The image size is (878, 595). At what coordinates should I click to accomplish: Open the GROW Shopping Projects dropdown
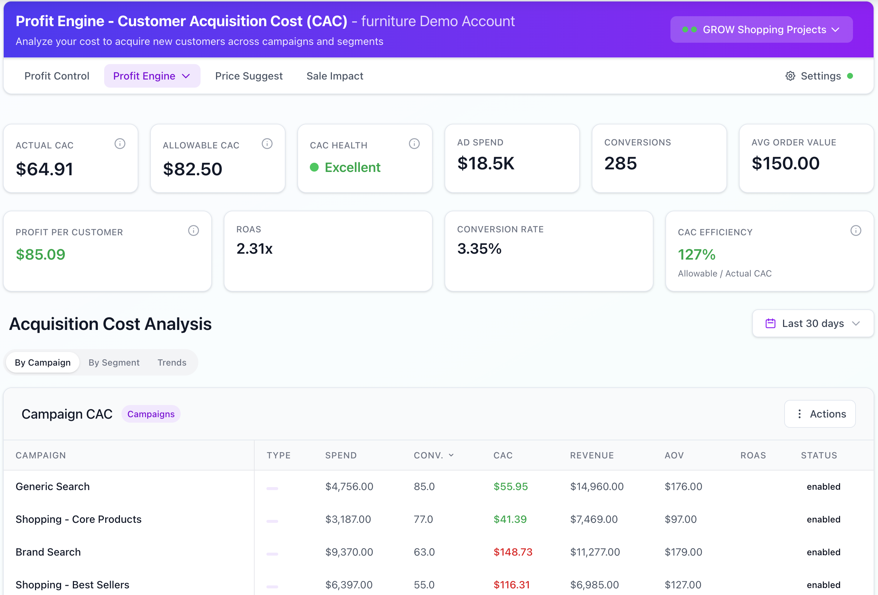pyautogui.click(x=761, y=29)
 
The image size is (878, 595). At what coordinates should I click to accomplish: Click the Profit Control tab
pyautogui.click(x=57, y=76)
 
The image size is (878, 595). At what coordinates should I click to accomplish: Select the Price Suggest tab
pyautogui.click(x=249, y=76)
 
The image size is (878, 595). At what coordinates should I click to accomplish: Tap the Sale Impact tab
pyautogui.click(x=335, y=76)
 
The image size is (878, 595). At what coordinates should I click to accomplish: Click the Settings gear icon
pyautogui.click(x=790, y=76)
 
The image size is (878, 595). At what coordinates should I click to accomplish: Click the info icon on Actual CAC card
pyautogui.click(x=120, y=144)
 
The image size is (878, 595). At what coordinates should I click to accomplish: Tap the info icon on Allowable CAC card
pyautogui.click(x=267, y=144)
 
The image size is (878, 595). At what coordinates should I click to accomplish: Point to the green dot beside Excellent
pyautogui.click(x=314, y=167)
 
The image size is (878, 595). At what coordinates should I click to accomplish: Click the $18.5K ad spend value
pyautogui.click(x=485, y=163)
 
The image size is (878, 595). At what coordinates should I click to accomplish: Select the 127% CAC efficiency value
pyautogui.click(x=697, y=254)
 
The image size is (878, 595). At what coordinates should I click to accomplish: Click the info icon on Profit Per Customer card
pyautogui.click(x=194, y=230)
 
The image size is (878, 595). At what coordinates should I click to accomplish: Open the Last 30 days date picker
pyautogui.click(x=812, y=324)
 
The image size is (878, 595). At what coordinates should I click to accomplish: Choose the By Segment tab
pyautogui.click(x=114, y=363)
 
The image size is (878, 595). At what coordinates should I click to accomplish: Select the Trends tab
pyautogui.click(x=172, y=363)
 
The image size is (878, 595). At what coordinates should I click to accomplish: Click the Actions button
pyautogui.click(x=820, y=414)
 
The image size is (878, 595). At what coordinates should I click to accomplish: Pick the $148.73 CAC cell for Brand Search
pyautogui.click(x=513, y=552)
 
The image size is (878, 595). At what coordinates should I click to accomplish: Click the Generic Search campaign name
pyautogui.click(x=53, y=486)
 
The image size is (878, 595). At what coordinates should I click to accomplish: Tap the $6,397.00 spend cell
pyautogui.click(x=349, y=585)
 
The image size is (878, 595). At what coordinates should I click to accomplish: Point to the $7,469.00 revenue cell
pyautogui.click(x=594, y=520)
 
